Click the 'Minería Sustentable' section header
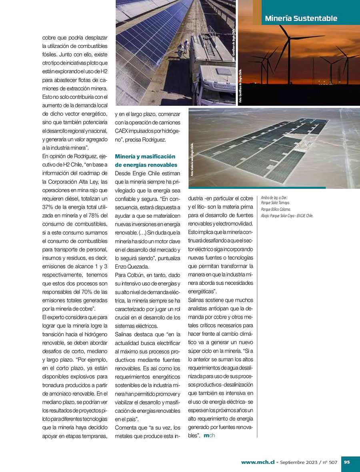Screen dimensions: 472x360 (301, 18)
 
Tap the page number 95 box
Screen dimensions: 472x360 (347, 462)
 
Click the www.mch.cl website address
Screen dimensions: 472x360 (257, 462)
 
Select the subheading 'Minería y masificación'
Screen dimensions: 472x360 (145, 156)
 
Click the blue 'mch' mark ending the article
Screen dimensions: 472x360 (209, 436)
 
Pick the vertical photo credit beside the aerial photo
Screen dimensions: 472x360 (192, 159)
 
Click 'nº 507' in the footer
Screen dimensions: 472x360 (329, 462)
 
